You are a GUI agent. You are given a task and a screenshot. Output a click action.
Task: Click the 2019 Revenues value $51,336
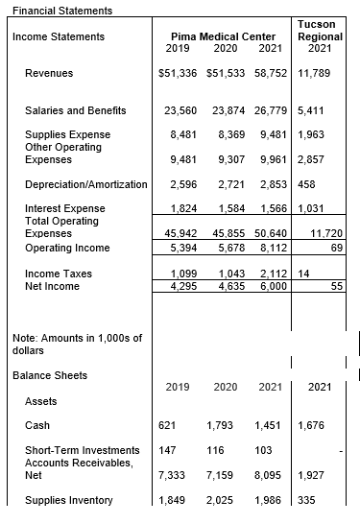coord(178,73)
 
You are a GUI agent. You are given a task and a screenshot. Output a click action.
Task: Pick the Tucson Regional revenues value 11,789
coord(317,73)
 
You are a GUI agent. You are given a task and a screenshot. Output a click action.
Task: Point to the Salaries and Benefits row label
coord(75,110)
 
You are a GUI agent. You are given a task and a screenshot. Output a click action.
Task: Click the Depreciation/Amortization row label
coord(86,184)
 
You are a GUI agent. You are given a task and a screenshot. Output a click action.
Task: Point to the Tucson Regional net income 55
coord(337,286)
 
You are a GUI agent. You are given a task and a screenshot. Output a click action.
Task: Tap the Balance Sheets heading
coord(49,375)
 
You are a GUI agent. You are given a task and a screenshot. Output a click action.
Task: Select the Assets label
coord(40,400)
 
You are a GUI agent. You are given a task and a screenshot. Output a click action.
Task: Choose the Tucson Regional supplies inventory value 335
coord(308,499)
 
